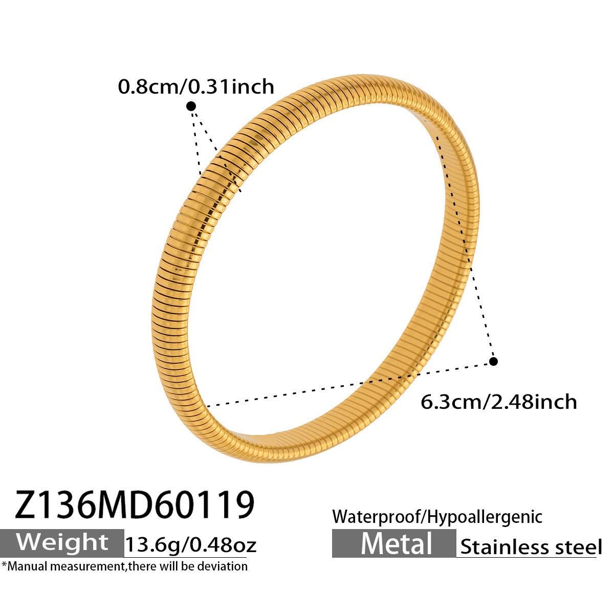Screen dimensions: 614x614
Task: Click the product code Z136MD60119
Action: pyautogui.click(x=135, y=505)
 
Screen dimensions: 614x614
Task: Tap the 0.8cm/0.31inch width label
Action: pyautogui.click(x=196, y=86)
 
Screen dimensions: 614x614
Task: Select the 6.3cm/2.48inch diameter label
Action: pyautogui.click(x=499, y=402)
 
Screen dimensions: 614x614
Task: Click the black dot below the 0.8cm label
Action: pyautogui.click(x=191, y=106)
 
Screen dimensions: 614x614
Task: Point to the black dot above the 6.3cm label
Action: pyautogui.click(x=493, y=361)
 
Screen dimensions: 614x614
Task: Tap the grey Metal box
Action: pyautogui.click(x=394, y=543)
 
